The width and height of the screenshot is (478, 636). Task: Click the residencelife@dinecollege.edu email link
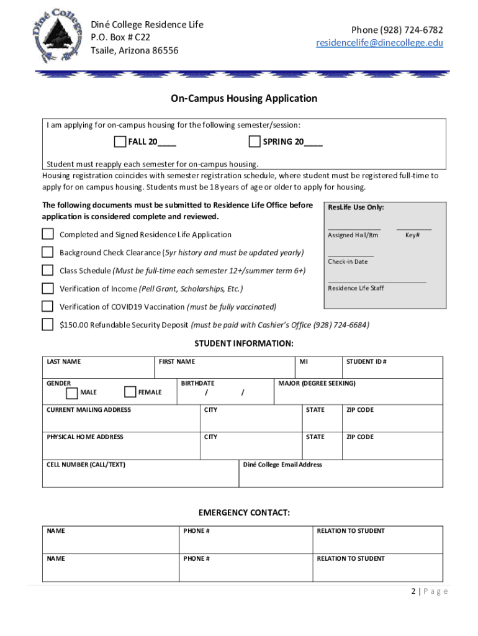[379, 43]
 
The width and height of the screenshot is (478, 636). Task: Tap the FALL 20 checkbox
[120, 142]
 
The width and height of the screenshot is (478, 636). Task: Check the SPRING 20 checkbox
[254, 142]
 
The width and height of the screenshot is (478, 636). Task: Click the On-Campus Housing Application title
[244, 99]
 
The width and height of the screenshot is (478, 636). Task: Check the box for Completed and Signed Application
[48, 234]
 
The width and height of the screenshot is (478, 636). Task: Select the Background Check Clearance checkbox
[48, 252]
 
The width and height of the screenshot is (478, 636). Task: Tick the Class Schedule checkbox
[48, 270]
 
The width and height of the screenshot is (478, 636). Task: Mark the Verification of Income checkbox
[48, 288]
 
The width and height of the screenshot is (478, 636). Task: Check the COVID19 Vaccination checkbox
[48, 306]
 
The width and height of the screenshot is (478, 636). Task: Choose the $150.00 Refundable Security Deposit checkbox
[48, 324]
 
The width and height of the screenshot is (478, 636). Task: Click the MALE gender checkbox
[72, 392]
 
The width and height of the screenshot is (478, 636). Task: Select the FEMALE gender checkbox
[130, 392]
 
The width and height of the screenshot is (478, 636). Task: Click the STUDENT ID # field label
[366, 361]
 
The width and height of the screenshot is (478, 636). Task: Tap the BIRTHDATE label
[197, 383]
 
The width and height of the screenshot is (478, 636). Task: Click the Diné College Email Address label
[282, 465]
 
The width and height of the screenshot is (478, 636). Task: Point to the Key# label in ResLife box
[412, 235]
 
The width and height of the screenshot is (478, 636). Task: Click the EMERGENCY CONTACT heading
[244, 513]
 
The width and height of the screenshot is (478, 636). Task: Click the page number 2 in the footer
[413, 591]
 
